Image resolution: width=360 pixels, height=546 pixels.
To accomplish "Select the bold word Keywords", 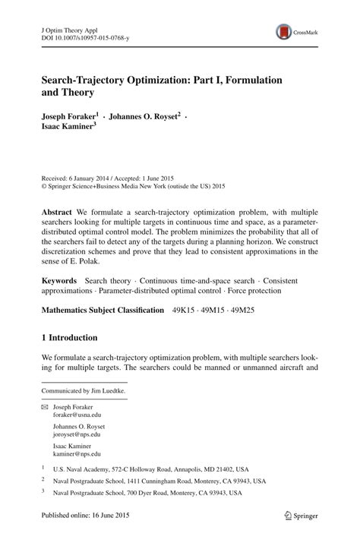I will [61, 280].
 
